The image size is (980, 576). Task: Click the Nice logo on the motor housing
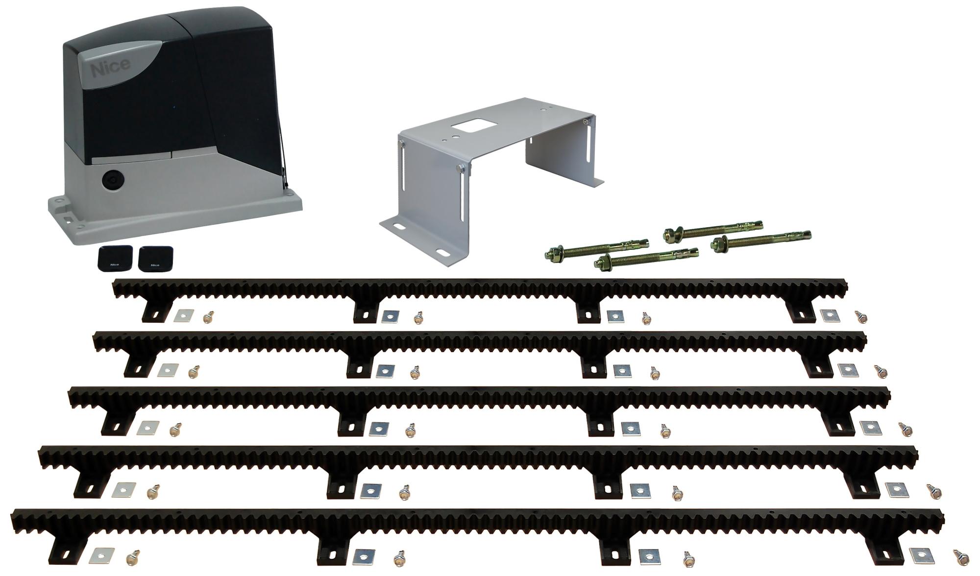pos(110,69)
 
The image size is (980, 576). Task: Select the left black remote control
pos(114,259)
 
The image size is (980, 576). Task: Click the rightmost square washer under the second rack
pos(848,370)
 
